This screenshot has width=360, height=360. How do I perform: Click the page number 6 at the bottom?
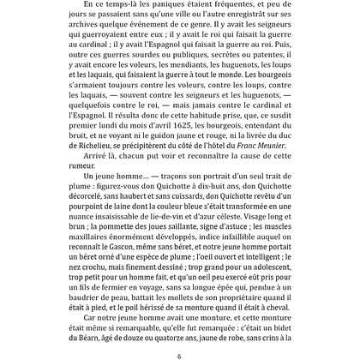pos(180,355)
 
